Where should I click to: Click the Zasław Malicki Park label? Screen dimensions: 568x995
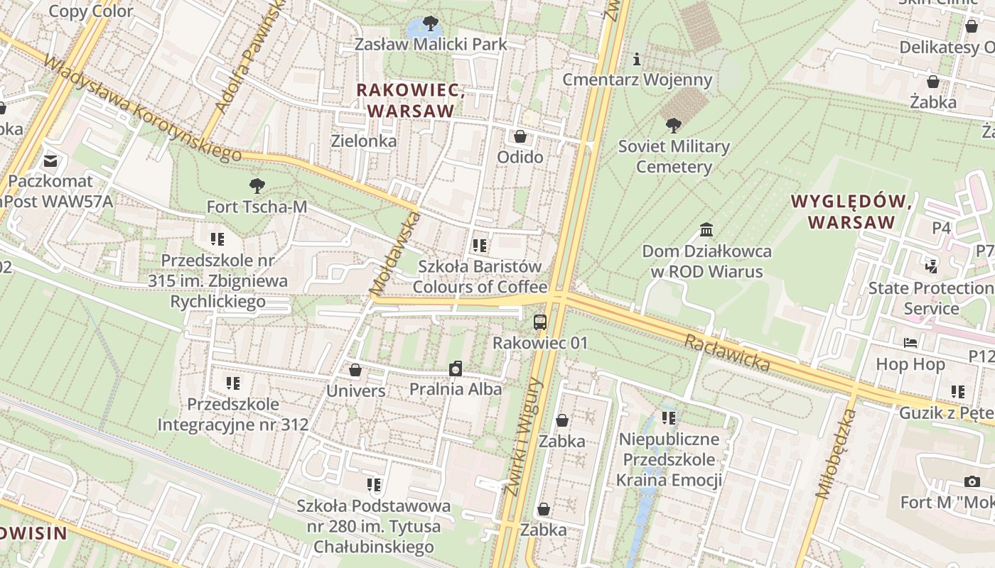tap(431, 44)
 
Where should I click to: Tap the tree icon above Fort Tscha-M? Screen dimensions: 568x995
tap(257, 186)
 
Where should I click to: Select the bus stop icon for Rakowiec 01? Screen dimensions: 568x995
tap(540, 322)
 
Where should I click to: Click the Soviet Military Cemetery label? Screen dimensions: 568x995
tap(674, 157)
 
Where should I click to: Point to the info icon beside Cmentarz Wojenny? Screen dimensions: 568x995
tap(637, 59)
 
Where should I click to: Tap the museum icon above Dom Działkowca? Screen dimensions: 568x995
tap(706, 230)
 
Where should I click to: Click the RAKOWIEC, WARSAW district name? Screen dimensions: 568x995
tap(411, 101)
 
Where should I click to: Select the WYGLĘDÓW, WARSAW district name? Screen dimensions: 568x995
tap(851, 212)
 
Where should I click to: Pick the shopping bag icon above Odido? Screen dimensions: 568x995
tap(520, 136)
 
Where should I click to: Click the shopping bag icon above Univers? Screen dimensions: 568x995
tap(355, 370)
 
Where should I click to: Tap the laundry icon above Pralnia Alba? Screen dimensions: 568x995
tap(456, 368)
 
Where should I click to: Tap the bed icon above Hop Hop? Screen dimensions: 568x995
tap(910, 344)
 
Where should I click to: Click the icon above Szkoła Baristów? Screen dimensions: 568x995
tap(480, 246)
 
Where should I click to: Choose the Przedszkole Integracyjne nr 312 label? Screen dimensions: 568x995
tap(233, 415)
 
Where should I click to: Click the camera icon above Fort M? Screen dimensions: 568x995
tap(972, 482)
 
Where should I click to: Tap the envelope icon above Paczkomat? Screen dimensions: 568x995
tap(50, 160)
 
